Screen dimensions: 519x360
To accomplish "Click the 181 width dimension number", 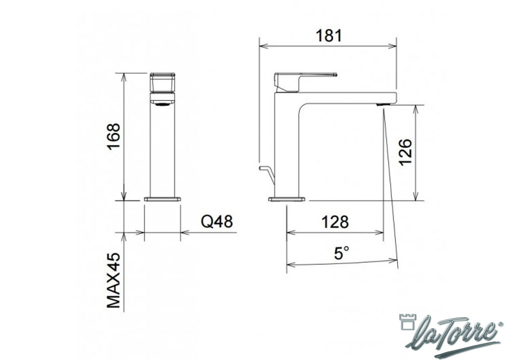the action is coord(329,36).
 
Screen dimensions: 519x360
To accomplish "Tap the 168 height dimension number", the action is coord(114,137).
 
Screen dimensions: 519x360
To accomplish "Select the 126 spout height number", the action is coord(405,152).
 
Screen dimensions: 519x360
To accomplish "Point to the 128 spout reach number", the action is coord(335,222).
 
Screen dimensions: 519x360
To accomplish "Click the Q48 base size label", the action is coord(217,221).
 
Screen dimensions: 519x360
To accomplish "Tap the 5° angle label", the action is coord(342,254).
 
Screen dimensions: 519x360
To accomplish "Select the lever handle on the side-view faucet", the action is coord(305,81).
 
